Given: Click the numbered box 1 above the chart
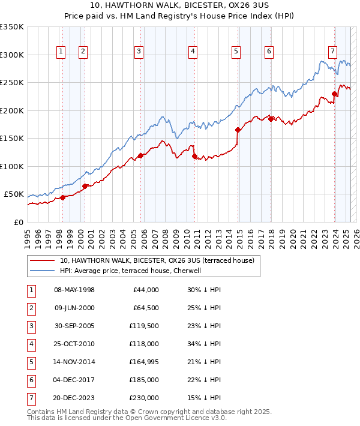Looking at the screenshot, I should click(61, 52).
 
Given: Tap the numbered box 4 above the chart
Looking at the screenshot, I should click(193, 52).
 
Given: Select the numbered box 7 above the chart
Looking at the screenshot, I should click(332, 52).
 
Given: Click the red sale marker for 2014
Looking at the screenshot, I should click(238, 130).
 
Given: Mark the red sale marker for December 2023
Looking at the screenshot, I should click(334, 94).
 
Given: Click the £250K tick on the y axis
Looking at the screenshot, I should click(12, 83).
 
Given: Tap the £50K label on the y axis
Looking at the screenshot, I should click(14, 194).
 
